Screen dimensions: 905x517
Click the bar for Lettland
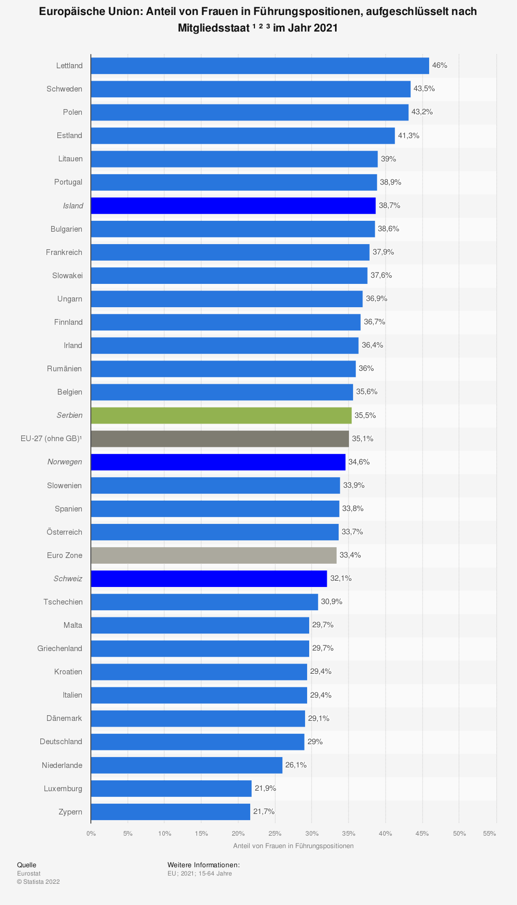point(260,66)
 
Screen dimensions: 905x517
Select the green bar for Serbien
point(221,415)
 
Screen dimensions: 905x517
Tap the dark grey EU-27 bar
point(220,439)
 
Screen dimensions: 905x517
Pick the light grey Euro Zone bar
point(214,555)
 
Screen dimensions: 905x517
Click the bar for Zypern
point(171,811)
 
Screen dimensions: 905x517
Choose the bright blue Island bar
point(233,205)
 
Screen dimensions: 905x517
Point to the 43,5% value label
point(424,89)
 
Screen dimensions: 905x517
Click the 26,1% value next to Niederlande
point(296,765)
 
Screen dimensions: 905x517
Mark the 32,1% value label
point(341,578)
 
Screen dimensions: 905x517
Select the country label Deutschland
point(61,742)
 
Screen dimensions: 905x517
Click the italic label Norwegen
point(65,462)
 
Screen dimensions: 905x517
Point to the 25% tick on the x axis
point(275,834)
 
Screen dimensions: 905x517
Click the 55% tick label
point(489,834)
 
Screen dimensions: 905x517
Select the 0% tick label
point(91,834)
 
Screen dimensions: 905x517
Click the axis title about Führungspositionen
point(293,846)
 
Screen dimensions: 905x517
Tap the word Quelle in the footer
point(27,865)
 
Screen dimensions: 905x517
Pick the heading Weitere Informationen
point(204,865)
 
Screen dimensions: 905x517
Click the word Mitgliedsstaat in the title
point(214,28)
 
